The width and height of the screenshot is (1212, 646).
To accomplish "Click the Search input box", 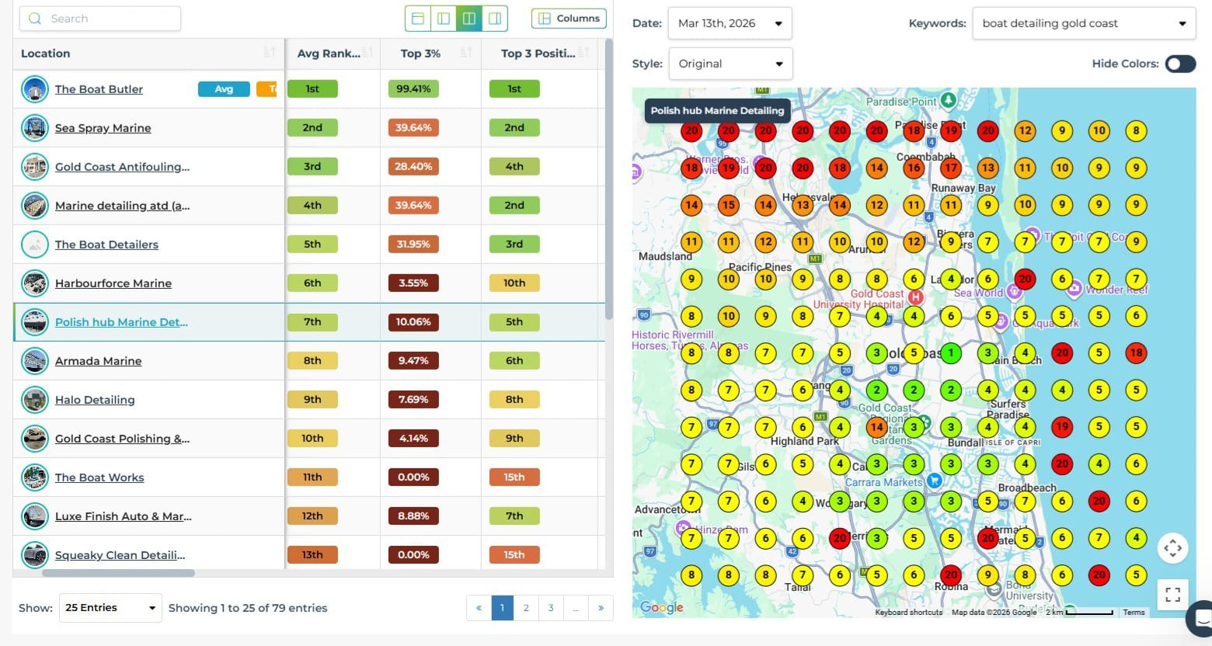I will pos(101,19).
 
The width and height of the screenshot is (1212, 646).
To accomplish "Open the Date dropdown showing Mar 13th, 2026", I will pos(729,23).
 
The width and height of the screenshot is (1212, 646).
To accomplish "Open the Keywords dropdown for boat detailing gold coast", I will pos(1083,23).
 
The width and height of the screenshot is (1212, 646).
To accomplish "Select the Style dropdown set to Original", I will pos(730,64).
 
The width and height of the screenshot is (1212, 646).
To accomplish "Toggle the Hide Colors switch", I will pos(1179,64).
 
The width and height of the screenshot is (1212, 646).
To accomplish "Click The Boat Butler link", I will pos(99,89).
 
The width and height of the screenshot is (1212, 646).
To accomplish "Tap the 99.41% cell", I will pos(413,89).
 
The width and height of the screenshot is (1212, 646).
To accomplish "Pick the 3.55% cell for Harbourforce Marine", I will pos(413,283).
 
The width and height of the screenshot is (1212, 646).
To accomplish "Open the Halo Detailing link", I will pos(95,400).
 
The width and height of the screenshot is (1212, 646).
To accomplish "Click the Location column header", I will pos(46,54).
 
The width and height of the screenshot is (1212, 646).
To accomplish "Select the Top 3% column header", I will pos(420,54).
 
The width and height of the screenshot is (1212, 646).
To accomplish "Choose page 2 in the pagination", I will pos(526,608).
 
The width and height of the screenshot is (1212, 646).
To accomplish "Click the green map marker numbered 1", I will pos(950,353).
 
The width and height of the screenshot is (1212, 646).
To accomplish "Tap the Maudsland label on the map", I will pos(664,256).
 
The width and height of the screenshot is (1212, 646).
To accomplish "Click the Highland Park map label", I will pos(804,441).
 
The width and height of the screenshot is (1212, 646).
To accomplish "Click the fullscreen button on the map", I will pos(1172,595).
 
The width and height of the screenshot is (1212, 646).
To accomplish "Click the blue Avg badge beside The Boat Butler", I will pos(224,89).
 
